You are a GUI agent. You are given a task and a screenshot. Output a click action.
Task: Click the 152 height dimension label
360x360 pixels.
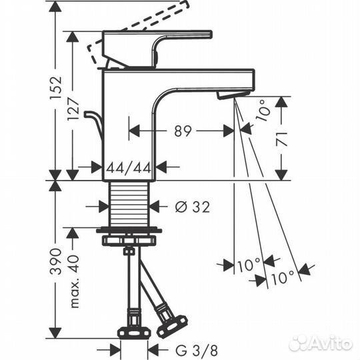pos(56,87)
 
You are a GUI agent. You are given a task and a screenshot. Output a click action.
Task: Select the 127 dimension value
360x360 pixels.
pos(73,109)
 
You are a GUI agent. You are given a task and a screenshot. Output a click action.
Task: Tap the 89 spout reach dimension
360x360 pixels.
pos(183,131)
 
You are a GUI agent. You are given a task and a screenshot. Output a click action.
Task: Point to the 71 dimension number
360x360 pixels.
pos(281,139)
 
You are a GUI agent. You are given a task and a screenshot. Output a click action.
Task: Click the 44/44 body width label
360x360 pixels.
pos(129,167)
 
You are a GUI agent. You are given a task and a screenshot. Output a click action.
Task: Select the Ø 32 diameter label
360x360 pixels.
pos(193,207)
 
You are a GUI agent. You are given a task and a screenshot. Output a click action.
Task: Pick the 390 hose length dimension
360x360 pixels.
pos(56,261)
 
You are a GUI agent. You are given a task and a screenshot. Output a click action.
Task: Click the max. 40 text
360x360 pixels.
pos(74,281)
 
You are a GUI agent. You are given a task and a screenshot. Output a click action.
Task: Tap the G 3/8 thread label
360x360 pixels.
pos(197,351)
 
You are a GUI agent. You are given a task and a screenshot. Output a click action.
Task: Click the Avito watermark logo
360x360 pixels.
pos(321,343)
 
